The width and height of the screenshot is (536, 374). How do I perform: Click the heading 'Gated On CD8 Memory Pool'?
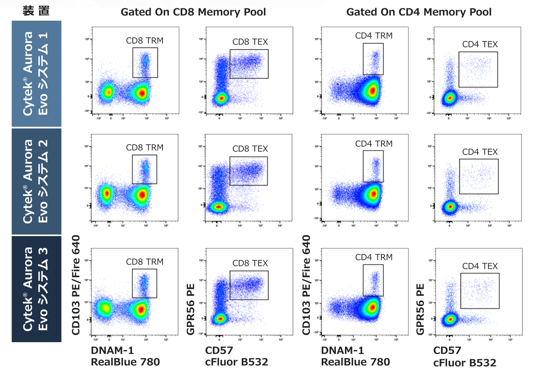[193, 12]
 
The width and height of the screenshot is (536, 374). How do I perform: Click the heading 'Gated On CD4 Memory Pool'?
[419, 12]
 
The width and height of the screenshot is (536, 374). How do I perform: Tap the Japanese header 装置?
[36, 11]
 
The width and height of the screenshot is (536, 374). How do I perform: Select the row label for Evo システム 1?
[36, 74]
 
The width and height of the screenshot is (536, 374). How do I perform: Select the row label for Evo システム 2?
[36, 181]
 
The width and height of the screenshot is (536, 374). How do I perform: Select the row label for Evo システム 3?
[36, 289]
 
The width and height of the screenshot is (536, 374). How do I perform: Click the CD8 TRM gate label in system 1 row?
[145, 41]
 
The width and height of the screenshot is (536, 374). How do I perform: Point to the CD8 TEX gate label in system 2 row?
[250, 149]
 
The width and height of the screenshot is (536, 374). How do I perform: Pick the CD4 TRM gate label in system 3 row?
[373, 257]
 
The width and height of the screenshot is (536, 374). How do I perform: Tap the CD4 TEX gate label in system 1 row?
[480, 45]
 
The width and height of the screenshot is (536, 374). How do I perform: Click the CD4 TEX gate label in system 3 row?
[480, 266]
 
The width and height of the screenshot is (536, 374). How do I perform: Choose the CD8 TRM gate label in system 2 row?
[145, 147]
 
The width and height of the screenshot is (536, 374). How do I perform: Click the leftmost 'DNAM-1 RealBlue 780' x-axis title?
[125, 356]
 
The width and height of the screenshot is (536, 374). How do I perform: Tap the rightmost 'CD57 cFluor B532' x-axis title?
[464, 357]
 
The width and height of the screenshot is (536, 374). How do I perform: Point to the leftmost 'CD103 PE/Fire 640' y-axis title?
[75, 285]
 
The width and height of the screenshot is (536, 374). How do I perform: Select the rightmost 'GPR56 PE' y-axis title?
[420, 309]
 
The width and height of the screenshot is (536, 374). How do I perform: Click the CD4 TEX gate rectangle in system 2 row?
[479, 176]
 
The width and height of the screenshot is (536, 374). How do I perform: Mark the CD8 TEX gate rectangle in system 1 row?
[249, 64]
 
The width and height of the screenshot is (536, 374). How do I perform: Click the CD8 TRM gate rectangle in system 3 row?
[144, 283]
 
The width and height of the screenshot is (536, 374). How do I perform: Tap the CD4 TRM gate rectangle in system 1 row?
[373, 59]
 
